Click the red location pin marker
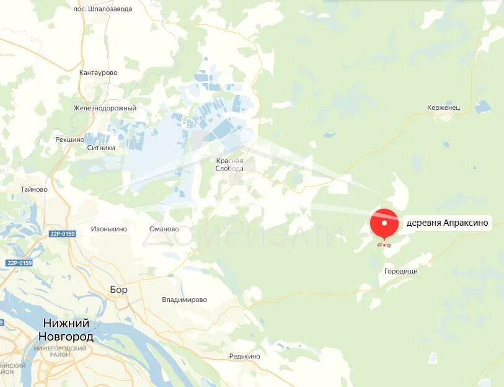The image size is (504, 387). pyautogui.click(x=384, y=224)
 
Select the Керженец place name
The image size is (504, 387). pyautogui.click(x=443, y=108)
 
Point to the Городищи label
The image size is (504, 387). pyautogui.click(x=401, y=272)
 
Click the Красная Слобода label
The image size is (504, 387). pyautogui.click(x=229, y=164)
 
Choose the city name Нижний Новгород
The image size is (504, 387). pyautogui.click(x=66, y=330)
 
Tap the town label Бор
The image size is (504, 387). pyautogui.click(x=118, y=289)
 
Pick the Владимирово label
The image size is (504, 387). pyautogui.click(x=184, y=300)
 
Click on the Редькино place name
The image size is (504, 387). pyautogui.click(x=244, y=356)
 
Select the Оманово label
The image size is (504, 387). pyautogui.click(x=164, y=229)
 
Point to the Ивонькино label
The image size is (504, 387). pyautogui.click(x=108, y=229)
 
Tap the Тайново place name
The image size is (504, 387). pyautogui.click(x=33, y=189)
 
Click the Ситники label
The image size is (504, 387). pyautogui.click(x=101, y=148)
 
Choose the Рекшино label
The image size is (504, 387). pyautogui.click(x=69, y=140)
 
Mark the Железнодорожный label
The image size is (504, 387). pyautogui.click(x=104, y=109)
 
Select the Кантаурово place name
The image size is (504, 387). pyautogui.click(x=98, y=73)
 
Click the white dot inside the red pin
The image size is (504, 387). pyautogui.click(x=384, y=222)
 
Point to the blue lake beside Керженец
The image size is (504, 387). pyautogui.click(x=482, y=107)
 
